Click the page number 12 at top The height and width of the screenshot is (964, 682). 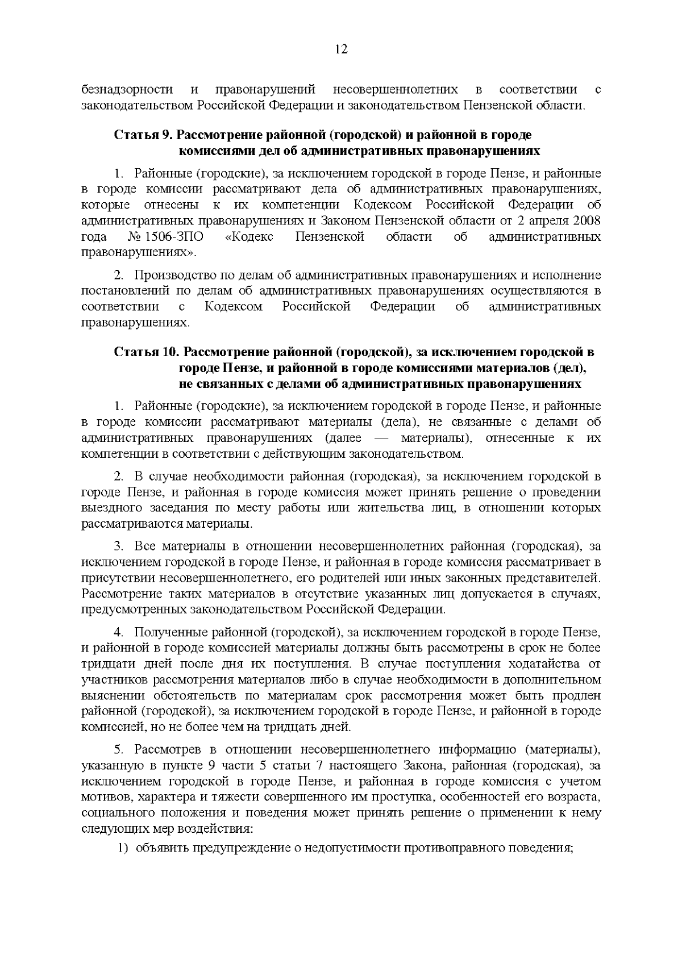pyautogui.click(x=341, y=49)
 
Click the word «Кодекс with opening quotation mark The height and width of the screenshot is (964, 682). pyautogui.click(x=249, y=236)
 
